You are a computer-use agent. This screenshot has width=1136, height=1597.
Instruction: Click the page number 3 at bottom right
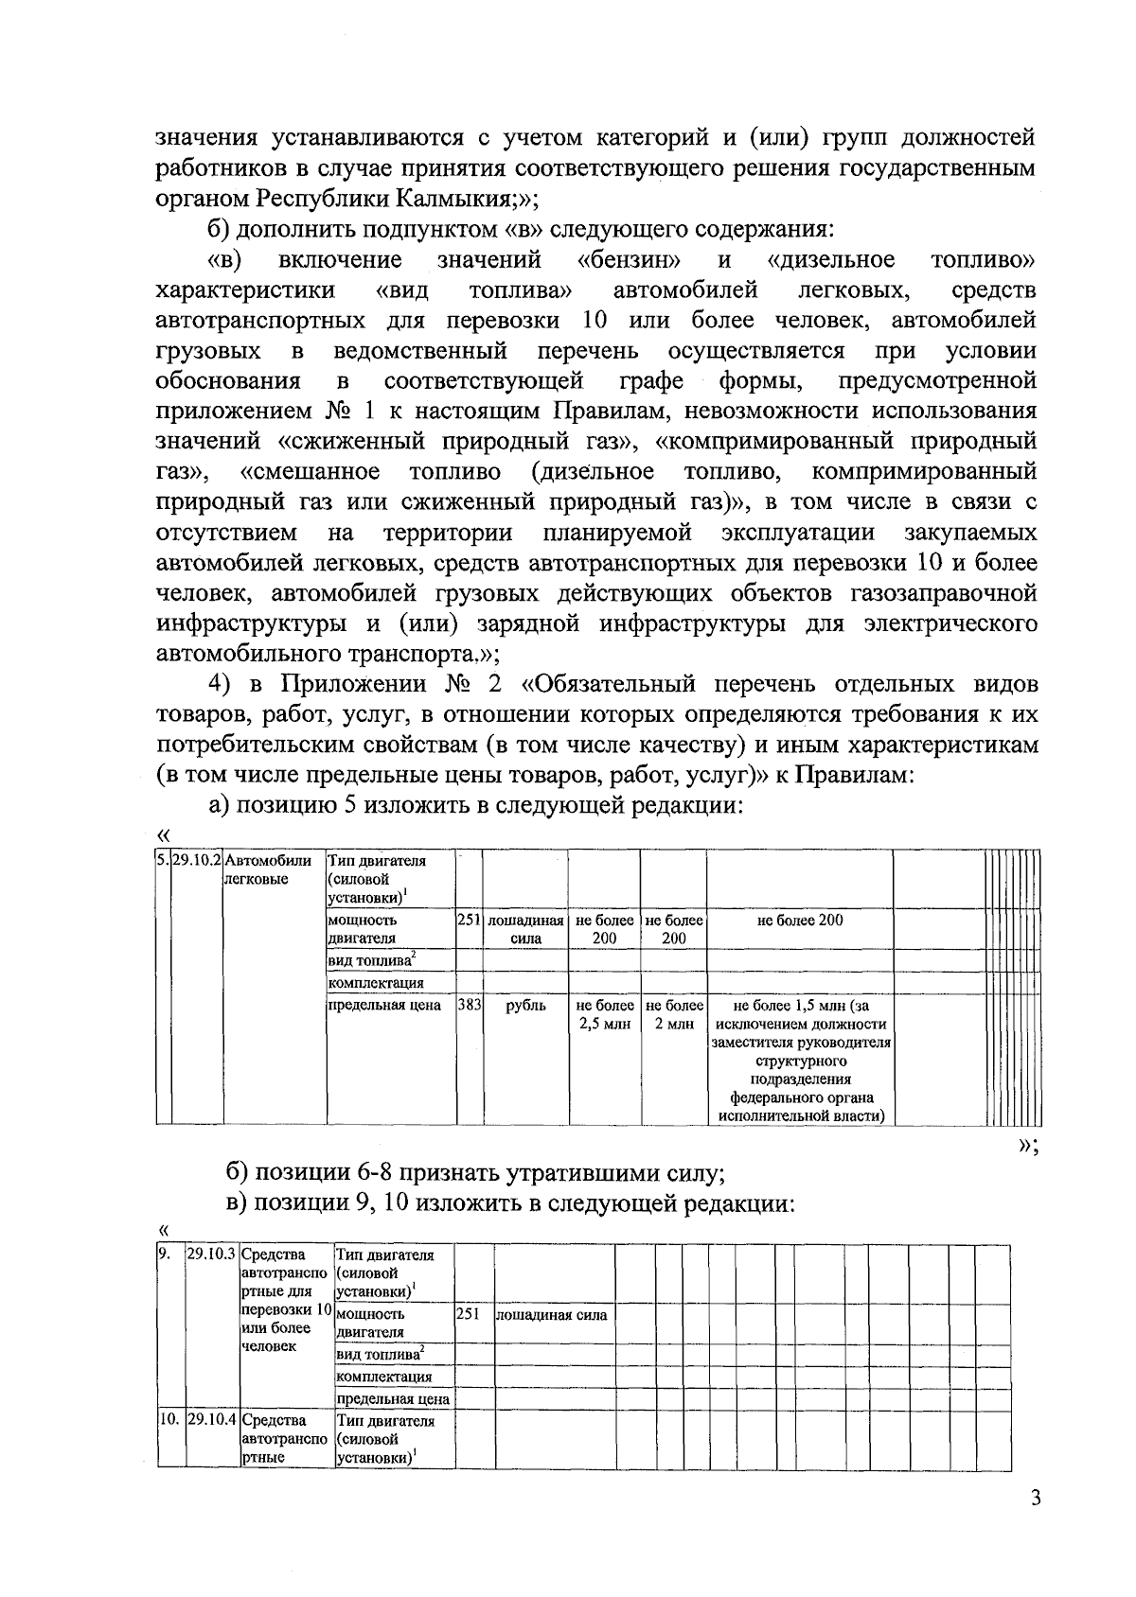pos(1036,1524)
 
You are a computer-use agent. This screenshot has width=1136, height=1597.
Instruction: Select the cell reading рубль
pos(525,1006)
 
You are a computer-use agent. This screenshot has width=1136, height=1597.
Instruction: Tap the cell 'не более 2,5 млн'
pos(604,1015)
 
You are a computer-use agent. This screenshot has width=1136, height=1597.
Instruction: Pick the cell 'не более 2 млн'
pos(673,1015)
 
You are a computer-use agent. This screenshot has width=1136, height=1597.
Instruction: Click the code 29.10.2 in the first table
pos(196,861)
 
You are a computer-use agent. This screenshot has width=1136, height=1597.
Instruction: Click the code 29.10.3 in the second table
pos(212,1255)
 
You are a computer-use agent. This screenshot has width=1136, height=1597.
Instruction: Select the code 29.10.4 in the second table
pos(212,1421)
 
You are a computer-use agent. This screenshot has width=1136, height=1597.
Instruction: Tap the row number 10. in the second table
pos(169,1421)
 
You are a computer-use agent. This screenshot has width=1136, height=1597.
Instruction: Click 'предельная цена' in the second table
pos(393,1399)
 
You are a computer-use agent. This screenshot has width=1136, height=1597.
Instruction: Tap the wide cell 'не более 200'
pos(800,921)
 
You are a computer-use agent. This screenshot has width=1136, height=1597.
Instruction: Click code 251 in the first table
pos(470,921)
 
